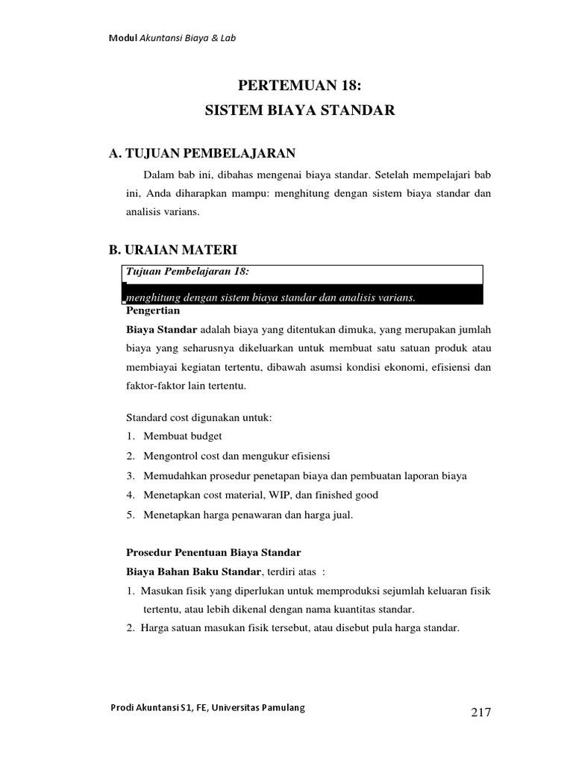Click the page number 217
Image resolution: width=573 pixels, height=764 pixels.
click(x=481, y=712)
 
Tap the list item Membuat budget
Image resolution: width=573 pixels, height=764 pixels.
click(x=178, y=436)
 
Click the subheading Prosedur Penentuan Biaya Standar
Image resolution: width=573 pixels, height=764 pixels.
click(x=211, y=553)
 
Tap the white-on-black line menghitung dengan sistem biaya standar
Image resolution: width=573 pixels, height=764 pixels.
click(x=269, y=298)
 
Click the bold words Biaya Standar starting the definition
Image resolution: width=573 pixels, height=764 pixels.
click(x=162, y=329)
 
